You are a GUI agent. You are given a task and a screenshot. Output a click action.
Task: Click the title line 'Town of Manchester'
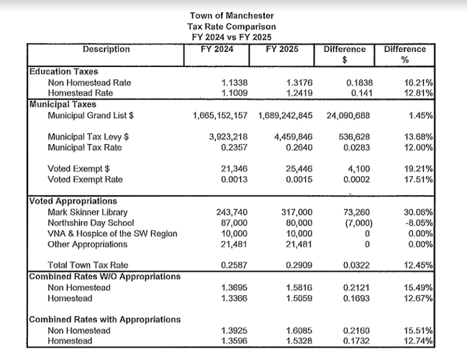pyautogui.click(x=232, y=16)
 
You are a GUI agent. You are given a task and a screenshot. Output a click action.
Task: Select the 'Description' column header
pyautogui.click(x=106, y=50)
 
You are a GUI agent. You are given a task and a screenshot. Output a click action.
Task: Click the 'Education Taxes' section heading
pyautogui.click(x=63, y=72)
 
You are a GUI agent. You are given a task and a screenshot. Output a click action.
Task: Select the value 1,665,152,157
pyautogui.click(x=220, y=115)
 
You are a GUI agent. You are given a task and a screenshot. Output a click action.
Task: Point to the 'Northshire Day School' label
pyautogui.click(x=90, y=224)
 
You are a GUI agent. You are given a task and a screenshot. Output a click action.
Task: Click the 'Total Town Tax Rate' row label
pyautogui.click(x=88, y=266)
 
